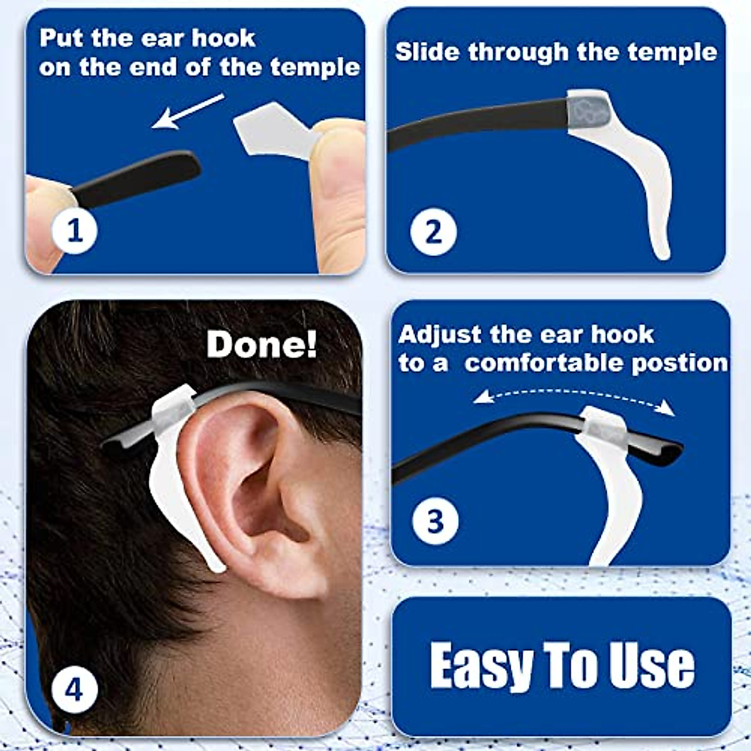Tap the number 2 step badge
tap(433, 231)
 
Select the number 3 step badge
tap(435, 521)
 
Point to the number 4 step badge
tap(74, 690)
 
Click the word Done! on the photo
tap(262, 344)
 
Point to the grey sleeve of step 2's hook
tap(588, 109)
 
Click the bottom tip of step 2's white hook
tap(662, 250)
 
